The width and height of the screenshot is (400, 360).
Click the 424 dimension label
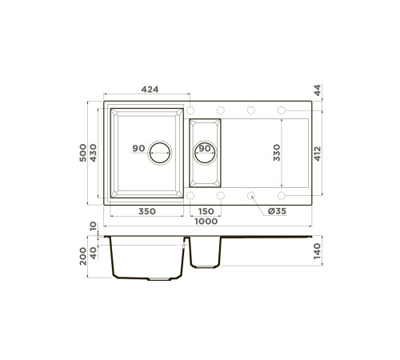(x=150, y=90)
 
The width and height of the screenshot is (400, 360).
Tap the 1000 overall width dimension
(x=206, y=222)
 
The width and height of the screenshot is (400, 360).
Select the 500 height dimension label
(x=83, y=153)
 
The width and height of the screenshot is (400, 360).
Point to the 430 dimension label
(x=93, y=153)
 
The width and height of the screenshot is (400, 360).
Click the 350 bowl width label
(x=147, y=211)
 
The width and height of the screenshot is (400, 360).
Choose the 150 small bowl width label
(x=206, y=211)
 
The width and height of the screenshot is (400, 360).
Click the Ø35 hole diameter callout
(x=277, y=211)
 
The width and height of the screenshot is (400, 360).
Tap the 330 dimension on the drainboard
(x=277, y=153)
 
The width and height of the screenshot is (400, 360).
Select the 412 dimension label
(x=318, y=154)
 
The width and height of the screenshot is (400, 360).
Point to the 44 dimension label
(x=318, y=90)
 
